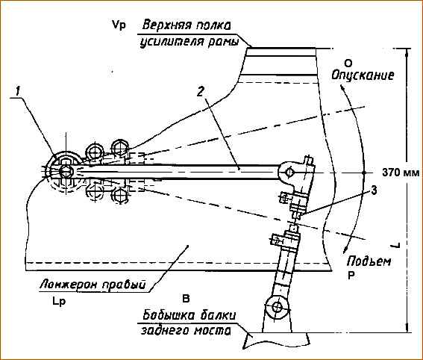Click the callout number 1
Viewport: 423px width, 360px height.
(x=18, y=91)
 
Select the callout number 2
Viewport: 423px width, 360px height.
(x=200, y=92)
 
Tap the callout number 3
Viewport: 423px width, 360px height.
(x=374, y=190)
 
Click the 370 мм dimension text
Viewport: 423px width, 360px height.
(x=401, y=173)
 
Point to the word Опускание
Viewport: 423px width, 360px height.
(x=363, y=75)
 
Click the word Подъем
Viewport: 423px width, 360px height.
(x=369, y=261)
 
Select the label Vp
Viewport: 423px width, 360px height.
(x=119, y=25)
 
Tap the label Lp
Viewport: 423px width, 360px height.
(x=59, y=302)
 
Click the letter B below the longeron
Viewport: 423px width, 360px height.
(x=186, y=299)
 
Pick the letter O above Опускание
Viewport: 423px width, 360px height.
(x=348, y=63)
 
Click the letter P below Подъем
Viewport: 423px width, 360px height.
(x=351, y=276)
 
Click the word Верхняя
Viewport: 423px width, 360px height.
(x=166, y=25)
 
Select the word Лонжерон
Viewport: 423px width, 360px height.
(x=69, y=285)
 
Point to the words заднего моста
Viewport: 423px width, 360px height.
(x=186, y=331)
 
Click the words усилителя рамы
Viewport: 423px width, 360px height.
(x=189, y=42)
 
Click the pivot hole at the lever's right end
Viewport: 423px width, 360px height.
(x=289, y=172)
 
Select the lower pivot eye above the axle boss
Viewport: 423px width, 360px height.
(x=277, y=307)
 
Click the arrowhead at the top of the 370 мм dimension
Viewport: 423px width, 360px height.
(x=407, y=52)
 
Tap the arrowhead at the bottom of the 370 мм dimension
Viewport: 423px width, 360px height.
(x=407, y=329)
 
